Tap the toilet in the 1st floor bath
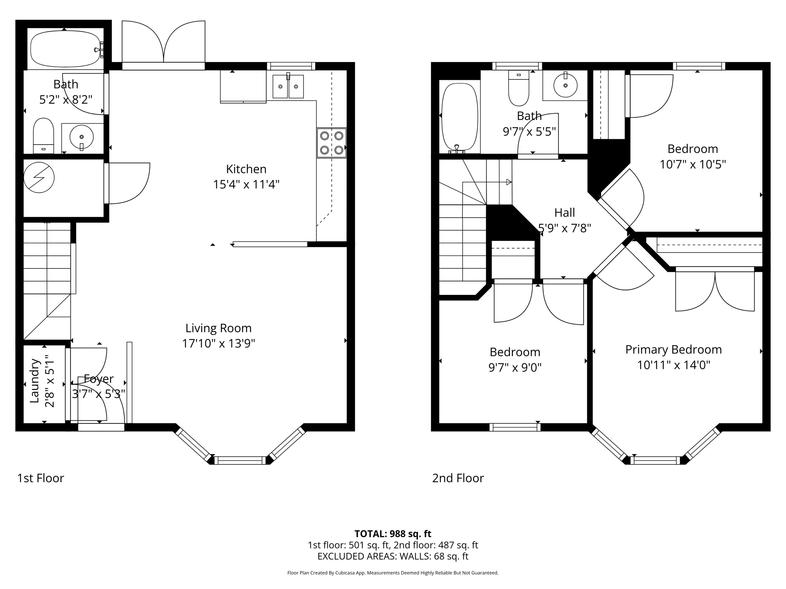click(x=43, y=135)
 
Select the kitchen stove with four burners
click(x=332, y=143)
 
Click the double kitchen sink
click(x=288, y=86)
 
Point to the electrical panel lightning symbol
click(x=39, y=178)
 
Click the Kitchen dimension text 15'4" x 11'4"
click(x=246, y=184)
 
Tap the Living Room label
click(x=218, y=328)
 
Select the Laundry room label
click(x=35, y=380)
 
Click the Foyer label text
click(x=99, y=379)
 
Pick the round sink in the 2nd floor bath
click(x=565, y=85)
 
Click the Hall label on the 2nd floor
click(x=565, y=212)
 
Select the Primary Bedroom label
click(x=674, y=350)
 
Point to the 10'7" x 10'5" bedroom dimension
click(x=692, y=165)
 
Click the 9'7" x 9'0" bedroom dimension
click(x=515, y=368)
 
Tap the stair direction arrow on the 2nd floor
click(x=508, y=182)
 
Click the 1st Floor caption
click(x=40, y=478)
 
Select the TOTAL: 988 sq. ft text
click(x=393, y=534)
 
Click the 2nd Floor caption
click(x=458, y=478)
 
